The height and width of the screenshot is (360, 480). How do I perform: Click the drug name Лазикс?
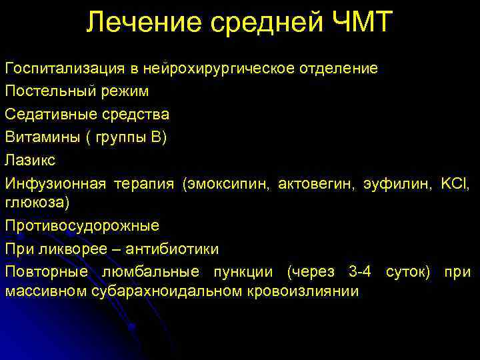pos(30,159)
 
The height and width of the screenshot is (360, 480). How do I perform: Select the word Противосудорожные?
pos(82,226)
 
